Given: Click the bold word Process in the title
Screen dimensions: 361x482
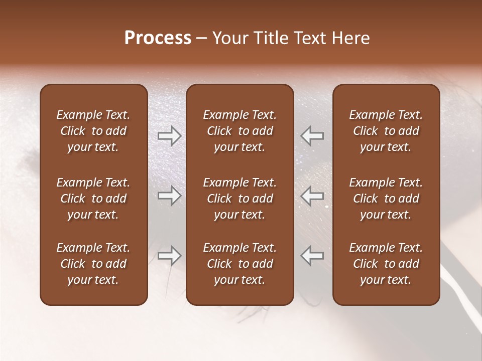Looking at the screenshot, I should (x=158, y=38).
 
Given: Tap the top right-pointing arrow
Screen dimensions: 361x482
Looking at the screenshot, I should (x=169, y=136).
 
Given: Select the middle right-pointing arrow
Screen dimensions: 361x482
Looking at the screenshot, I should (x=169, y=196).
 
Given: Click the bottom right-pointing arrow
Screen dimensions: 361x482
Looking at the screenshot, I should (x=169, y=256).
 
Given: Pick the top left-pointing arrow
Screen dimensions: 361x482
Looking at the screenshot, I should (x=312, y=136).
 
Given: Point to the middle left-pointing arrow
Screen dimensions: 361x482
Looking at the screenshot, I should (x=312, y=196).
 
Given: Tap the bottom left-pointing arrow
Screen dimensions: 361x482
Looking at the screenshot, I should (x=312, y=256).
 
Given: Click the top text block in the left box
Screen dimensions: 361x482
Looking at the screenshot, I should (x=93, y=131).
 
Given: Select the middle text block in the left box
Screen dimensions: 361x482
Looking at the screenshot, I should (x=93, y=199).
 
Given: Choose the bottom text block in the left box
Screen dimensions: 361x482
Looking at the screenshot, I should (x=93, y=264).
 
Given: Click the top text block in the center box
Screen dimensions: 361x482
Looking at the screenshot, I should (x=239, y=131).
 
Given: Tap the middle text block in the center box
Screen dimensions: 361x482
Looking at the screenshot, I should (x=239, y=199).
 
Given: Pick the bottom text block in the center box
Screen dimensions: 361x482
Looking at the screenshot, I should (x=239, y=264).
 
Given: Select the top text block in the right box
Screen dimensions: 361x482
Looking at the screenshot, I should (x=386, y=131).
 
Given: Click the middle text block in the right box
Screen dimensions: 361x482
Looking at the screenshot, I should (x=386, y=199).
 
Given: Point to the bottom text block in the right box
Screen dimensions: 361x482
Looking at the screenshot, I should (x=386, y=264).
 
